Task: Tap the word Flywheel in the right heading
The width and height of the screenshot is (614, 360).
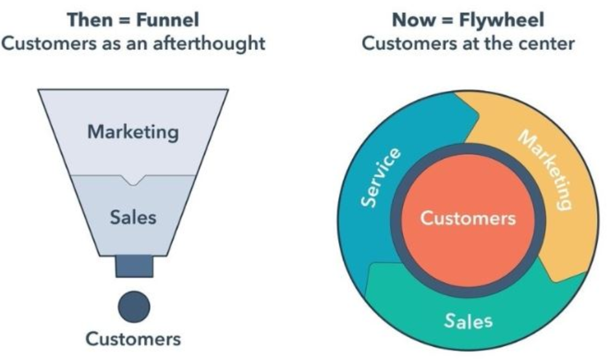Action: coord(502,20)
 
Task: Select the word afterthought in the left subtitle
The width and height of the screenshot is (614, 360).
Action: coord(209,44)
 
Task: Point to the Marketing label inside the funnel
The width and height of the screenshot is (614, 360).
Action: coord(133,132)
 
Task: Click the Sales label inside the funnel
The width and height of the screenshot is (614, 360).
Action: coord(133,218)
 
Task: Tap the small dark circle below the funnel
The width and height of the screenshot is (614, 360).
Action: coord(134,307)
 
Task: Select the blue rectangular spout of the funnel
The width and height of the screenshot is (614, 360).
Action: coord(134,266)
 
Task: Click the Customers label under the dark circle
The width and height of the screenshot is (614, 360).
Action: coord(133,339)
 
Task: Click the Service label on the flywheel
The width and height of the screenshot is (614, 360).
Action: coord(381,177)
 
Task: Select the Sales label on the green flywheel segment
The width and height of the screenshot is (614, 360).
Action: coord(468,321)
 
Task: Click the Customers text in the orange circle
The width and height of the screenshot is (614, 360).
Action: coord(468,218)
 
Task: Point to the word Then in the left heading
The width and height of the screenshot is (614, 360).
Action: coord(90,20)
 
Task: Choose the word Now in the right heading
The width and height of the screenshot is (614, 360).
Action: coord(414,20)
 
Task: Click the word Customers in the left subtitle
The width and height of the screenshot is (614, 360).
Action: coord(49,44)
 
